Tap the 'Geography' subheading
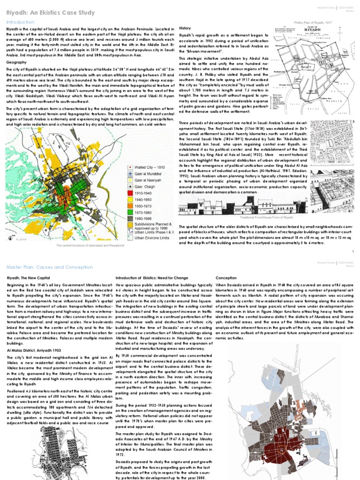16,62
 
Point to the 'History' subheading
185,29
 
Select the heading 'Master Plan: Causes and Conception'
42,267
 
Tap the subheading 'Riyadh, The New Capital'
26,278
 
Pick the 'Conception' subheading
226,278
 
